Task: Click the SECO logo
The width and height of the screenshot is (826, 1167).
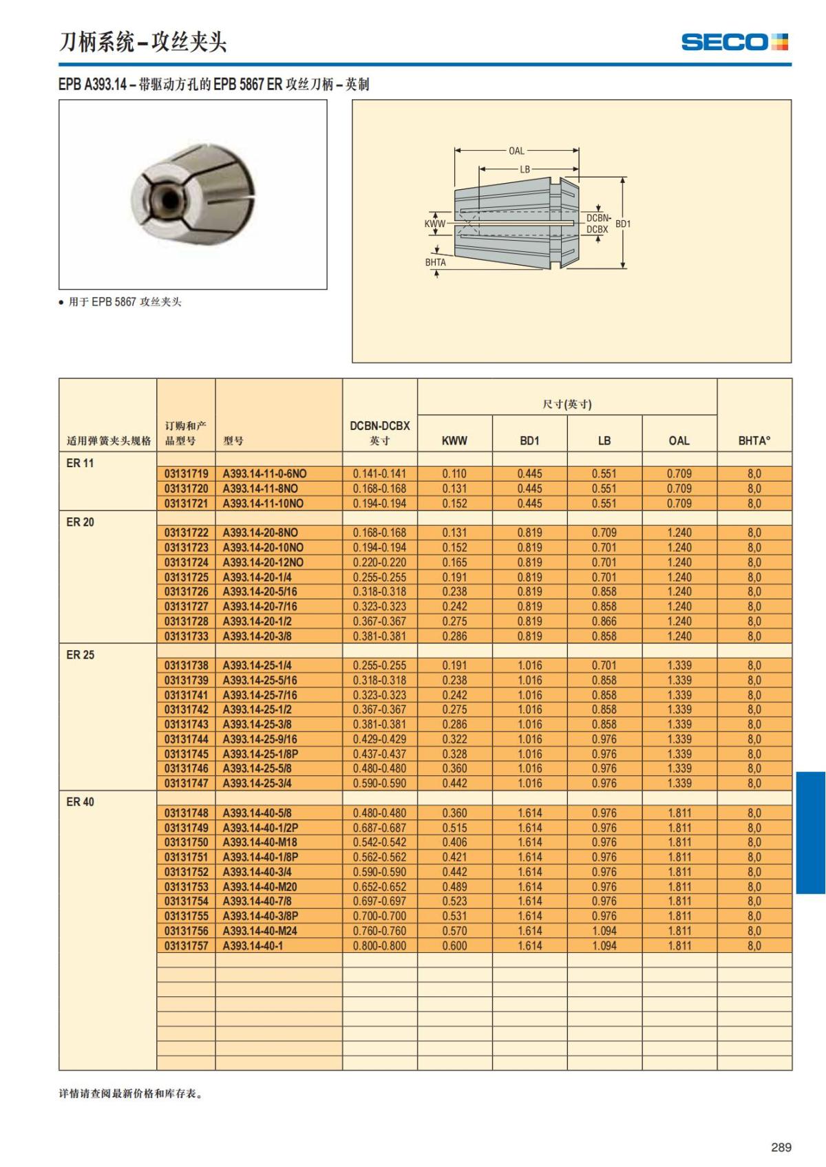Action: click(x=734, y=42)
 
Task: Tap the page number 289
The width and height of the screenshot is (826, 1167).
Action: click(x=781, y=1147)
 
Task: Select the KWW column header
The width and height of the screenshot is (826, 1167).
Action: click(x=454, y=440)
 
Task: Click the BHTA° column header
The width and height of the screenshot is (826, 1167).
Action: click(x=754, y=440)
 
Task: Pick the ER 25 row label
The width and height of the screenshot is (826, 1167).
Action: click(x=81, y=655)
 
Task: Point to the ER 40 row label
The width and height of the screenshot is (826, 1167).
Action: click(x=81, y=802)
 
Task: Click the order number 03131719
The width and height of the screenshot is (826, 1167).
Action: click(x=186, y=474)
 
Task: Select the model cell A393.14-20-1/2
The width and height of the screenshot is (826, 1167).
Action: click(x=257, y=621)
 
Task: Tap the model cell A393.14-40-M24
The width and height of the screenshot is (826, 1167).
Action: click(x=260, y=931)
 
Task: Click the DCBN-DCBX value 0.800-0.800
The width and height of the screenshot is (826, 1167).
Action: click(x=379, y=946)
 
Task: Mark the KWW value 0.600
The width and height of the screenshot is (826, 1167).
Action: click(x=454, y=946)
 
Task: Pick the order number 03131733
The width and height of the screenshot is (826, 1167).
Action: click(x=186, y=636)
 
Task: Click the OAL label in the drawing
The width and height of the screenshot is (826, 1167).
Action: click(x=516, y=151)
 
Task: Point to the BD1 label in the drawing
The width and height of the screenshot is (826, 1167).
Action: click(x=623, y=224)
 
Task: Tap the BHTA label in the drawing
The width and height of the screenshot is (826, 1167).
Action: click(x=435, y=262)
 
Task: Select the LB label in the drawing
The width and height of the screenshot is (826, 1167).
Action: click(x=525, y=169)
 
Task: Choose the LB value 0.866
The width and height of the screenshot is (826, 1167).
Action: click(x=604, y=621)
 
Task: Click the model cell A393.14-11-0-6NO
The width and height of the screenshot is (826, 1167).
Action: click(x=264, y=474)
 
